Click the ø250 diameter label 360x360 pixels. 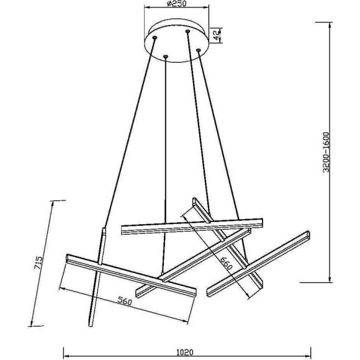click(x=176, y=4)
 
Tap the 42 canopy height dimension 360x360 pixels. click(x=217, y=35)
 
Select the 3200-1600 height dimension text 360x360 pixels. click(x=326, y=152)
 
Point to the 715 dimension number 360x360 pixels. click(x=38, y=263)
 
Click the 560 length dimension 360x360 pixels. click(x=125, y=301)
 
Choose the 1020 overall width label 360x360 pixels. click(x=185, y=352)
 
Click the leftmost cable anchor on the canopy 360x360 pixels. click(x=155, y=37)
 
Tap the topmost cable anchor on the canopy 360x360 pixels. click(x=188, y=31)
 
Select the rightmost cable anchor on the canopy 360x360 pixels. click(x=199, y=50)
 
